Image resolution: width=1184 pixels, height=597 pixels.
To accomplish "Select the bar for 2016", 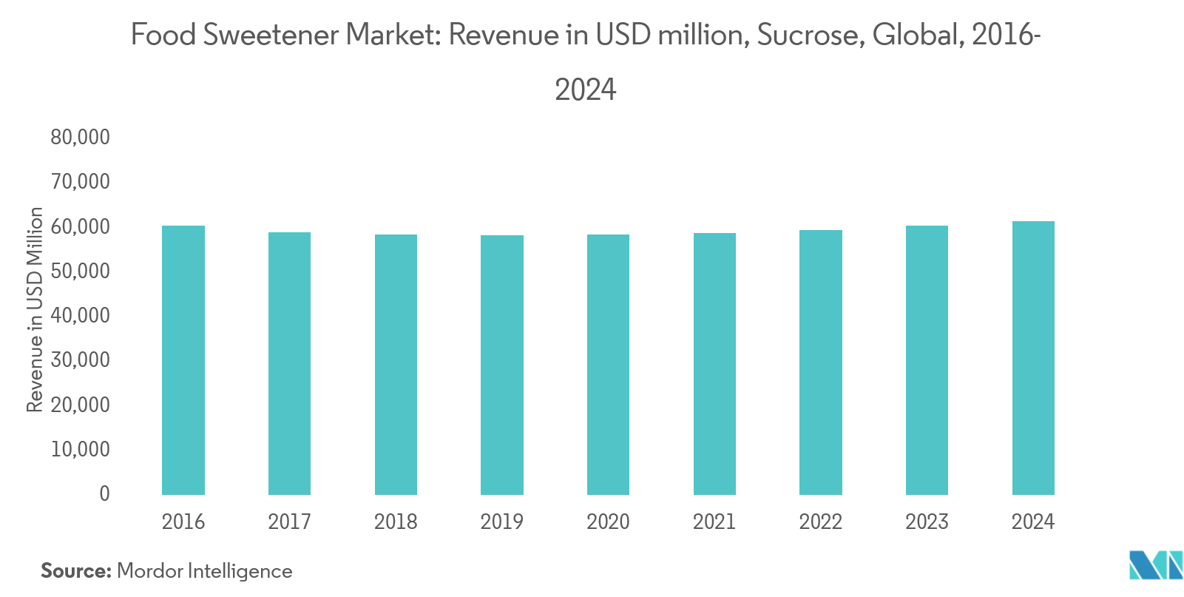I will pos(183,360).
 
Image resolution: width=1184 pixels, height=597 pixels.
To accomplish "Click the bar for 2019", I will pos(502,365).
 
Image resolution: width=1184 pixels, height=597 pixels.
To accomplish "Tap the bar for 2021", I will pos(714,364).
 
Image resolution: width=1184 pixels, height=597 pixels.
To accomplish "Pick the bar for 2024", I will pos(1033,358).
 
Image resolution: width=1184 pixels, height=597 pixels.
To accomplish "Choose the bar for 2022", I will pos(821,362).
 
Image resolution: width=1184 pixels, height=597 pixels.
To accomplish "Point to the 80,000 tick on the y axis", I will pos(80,137).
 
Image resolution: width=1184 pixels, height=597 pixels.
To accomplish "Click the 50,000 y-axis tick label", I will pos(80,271).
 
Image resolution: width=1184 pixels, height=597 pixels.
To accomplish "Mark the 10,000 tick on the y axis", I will pos(80,449).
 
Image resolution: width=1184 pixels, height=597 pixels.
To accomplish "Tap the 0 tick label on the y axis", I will pos(104,493).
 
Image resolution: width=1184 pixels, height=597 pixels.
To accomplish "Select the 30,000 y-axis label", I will pos(80,360).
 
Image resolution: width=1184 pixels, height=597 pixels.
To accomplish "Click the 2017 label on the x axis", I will pos(289,522).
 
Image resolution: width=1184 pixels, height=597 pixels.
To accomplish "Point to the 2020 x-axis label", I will pos(608,522).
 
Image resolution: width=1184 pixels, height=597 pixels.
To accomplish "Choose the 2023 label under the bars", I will pos(927,522).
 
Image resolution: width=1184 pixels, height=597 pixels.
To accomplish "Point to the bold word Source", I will pos(75,571).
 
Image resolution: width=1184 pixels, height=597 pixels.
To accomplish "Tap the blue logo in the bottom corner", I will pos(1156,565).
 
